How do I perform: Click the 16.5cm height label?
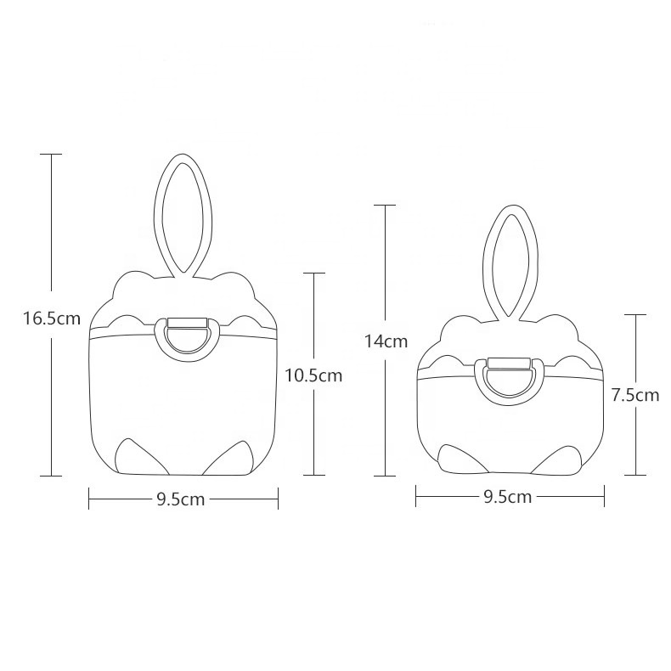(52, 319)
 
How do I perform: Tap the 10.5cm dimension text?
(313, 375)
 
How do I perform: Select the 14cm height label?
(386, 342)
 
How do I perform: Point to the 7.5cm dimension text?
(635, 394)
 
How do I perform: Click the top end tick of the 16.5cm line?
(52, 155)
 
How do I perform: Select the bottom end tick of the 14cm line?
(386, 475)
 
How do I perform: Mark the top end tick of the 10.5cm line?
(314, 273)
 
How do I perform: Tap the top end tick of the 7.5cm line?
(635, 314)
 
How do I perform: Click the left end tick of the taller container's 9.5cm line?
(89, 500)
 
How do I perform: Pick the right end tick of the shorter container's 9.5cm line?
(604, 497)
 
